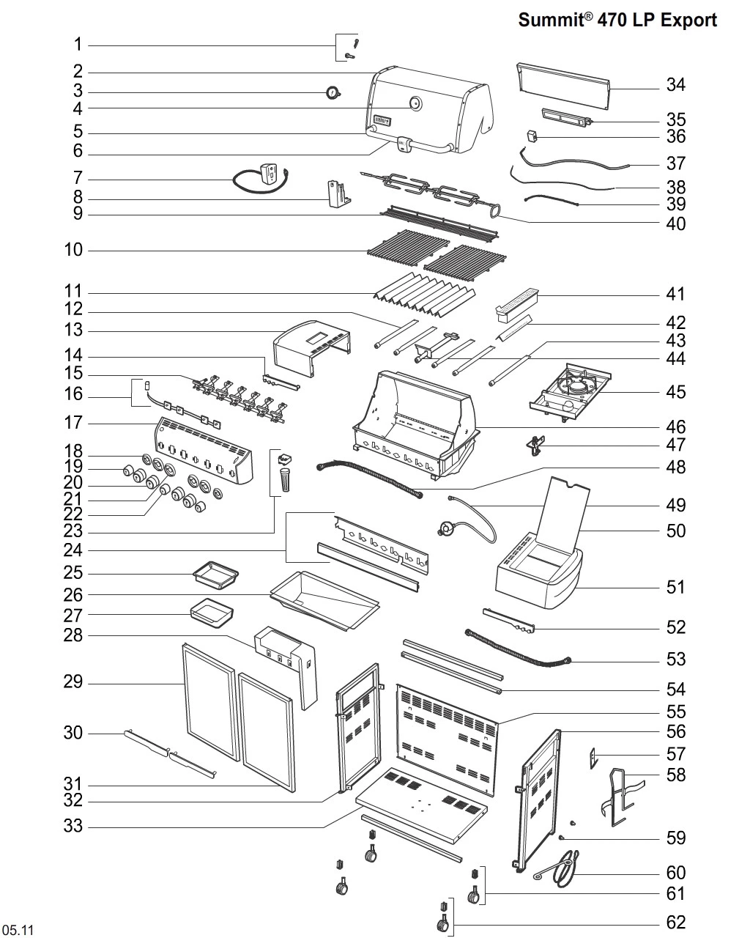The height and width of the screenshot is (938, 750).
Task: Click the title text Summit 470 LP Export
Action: coord(617,20)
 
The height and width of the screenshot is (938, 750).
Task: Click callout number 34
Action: coord(675,85)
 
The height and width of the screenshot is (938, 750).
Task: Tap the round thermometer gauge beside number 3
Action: coord(333,93)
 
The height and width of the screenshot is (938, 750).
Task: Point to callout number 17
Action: coord(73,423)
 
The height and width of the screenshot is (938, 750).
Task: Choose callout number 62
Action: coord(675,922)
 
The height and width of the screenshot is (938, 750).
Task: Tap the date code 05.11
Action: coord(18,930)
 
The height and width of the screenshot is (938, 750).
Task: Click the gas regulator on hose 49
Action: coord(445,526)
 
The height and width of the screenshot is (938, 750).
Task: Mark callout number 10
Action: coord(73,250)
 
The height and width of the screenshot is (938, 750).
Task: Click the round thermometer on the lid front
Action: coord(415,103)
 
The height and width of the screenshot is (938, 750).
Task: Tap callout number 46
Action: coord(675,426)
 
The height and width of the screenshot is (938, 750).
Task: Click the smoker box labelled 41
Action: coord(518,304)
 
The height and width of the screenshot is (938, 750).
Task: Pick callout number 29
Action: coord(73,683)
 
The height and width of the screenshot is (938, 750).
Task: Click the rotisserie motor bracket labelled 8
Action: coord(338,193)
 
